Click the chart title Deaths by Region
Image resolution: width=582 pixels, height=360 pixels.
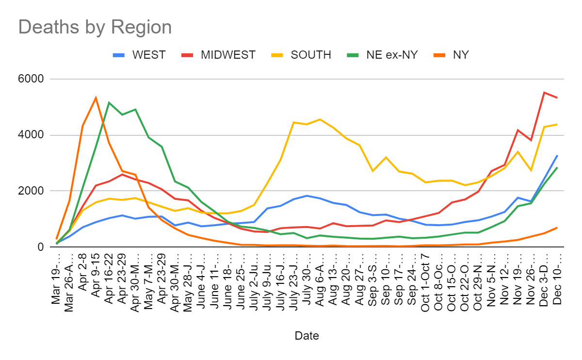point(95,27)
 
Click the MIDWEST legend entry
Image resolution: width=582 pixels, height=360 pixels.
point(228,55)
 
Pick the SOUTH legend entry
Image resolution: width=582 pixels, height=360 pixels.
point(310,55)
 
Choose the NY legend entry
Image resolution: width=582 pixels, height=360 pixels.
point(461,55)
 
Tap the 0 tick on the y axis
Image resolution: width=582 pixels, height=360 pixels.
point(41,247)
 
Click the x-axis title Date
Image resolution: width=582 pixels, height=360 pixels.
point(307,335)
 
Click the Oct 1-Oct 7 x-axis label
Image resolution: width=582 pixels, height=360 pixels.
point(425,279)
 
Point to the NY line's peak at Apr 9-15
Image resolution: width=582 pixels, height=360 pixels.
point(96,98)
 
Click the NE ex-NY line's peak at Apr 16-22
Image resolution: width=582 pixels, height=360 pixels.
point(109,102)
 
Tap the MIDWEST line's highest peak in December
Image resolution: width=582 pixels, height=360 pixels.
point(544,93)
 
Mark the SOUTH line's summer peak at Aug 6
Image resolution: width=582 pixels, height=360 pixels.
point(320,119)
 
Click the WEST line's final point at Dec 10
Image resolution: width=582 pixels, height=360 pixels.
point(557,155)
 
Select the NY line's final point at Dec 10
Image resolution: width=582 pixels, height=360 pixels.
point(557,228)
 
